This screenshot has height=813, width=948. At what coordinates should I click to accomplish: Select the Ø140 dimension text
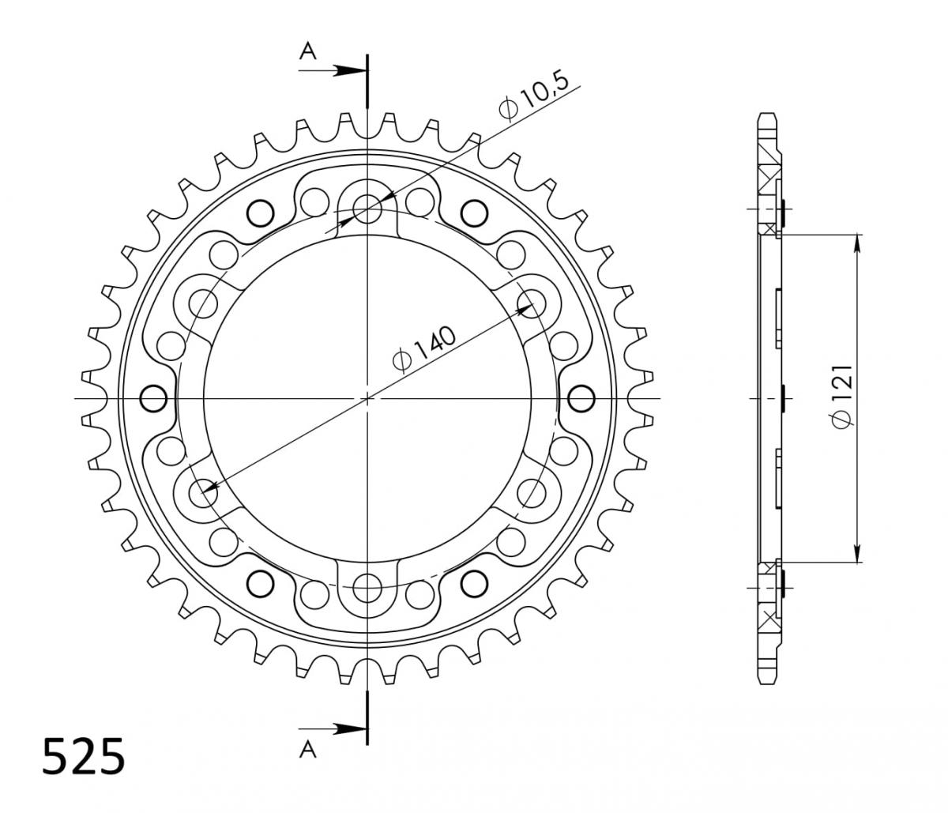click(425, 348)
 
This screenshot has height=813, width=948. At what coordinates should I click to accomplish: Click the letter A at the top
click(308, 51)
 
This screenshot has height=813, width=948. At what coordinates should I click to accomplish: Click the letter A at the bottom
click(308, 750)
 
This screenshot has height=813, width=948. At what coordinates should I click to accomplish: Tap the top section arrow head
click(350, 70)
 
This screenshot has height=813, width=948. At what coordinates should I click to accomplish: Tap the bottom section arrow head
click(350, 728)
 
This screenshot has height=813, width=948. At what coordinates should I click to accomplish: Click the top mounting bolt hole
click(367, 209)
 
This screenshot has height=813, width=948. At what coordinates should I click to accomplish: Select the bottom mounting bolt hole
click(367, 587)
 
